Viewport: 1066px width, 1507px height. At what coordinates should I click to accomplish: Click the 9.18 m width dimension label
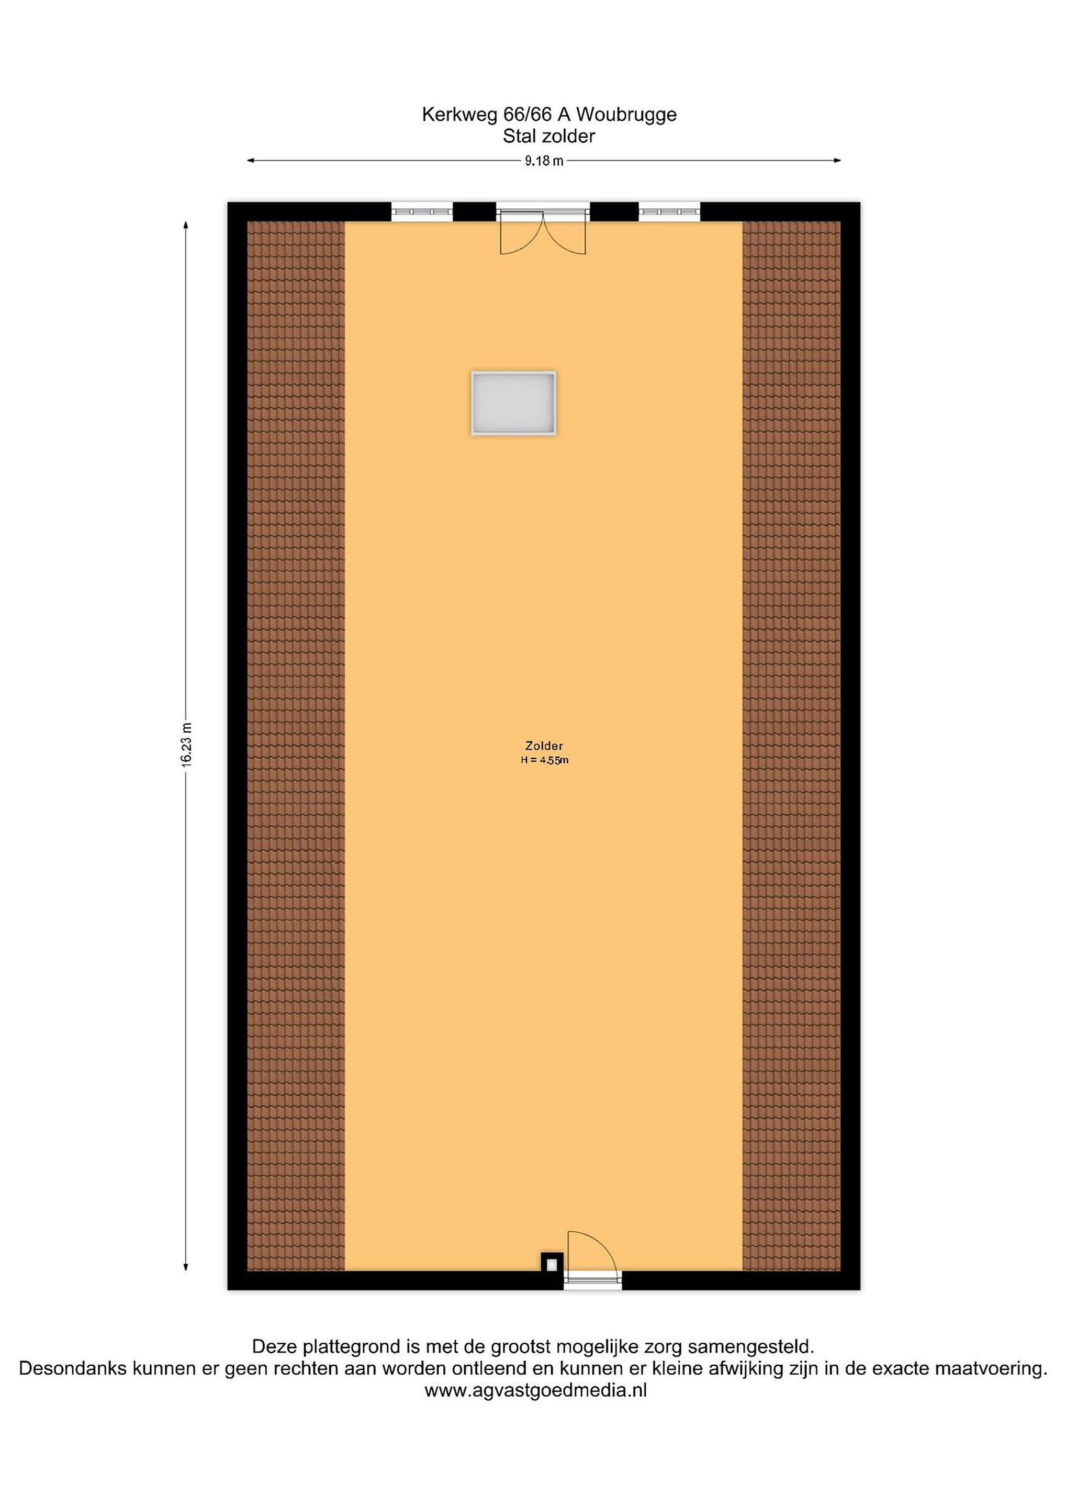[x=544, y=161]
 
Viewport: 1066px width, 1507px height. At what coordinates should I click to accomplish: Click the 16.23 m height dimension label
[x=187, y=746]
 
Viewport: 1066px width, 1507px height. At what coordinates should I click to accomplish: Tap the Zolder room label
[x=544, y=746]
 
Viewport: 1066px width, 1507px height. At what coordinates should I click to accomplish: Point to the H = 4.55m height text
[x=544, y=760]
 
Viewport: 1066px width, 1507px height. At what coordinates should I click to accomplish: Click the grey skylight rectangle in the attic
[x=513, y=403]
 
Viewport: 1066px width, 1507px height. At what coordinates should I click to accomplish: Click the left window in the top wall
[x=422, y=211]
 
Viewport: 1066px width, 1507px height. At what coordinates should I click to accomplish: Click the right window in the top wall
[x=669, y=211]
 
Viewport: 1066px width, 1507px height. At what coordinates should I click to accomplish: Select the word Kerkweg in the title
[x=459, y=115]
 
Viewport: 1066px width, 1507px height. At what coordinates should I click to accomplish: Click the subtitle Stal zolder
[x=549, y=136]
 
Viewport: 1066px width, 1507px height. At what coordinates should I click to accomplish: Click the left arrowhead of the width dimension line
[x=251, y=160]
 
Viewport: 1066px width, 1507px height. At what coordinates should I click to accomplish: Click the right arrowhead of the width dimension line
[x=837, y=160]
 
